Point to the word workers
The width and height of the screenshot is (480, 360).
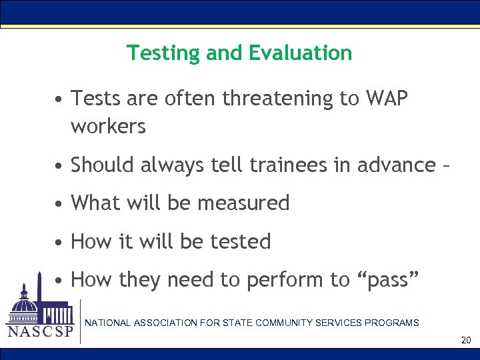click(x=108, y=126)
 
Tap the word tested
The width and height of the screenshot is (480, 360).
click(x=241, y=241)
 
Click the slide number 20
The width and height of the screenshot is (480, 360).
click(x=466, y=341)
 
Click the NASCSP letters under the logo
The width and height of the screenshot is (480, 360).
click(x=39, y=331)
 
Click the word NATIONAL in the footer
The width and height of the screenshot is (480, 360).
click(x=108, y=323)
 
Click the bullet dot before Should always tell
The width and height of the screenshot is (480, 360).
click(x=60, y=165)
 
